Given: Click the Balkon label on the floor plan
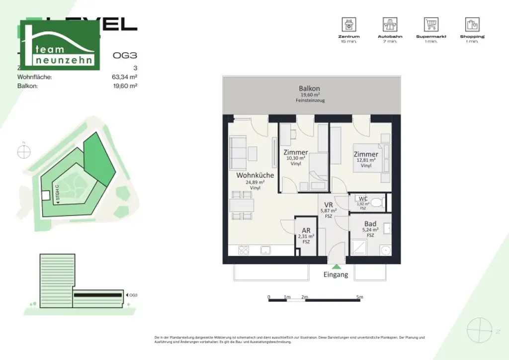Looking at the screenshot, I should tap(309, 88).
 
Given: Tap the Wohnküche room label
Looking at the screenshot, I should tap(255, 176).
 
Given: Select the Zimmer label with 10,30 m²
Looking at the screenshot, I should tap(296, 152).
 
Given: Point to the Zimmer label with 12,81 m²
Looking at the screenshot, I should tap(366, 154).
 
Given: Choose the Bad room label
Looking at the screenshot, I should tap(370, 224).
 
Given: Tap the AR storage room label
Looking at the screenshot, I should tap(306, 231).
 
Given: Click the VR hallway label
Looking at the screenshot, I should tap(329, 205).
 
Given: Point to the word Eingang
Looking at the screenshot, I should tap(336, 274).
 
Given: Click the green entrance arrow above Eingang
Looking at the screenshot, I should tap(336, 267).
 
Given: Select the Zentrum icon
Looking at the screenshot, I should tap(349, 24).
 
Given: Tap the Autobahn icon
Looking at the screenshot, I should tap(390, 24).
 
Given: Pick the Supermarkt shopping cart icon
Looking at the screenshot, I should tap(431, 24).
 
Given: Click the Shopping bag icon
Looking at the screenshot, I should tap(472, 24).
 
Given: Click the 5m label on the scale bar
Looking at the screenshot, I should tap(360, 297).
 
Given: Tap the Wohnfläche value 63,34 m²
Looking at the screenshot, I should tap(125, 77).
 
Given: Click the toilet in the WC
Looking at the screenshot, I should tap(378, 202).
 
